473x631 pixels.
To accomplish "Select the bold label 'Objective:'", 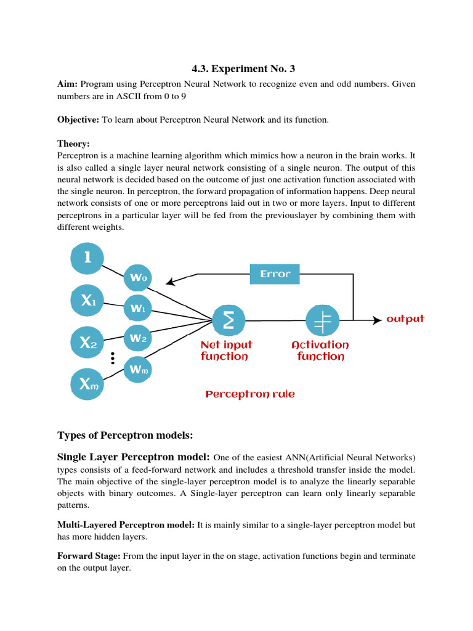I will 78,120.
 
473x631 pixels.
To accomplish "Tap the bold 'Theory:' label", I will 73,144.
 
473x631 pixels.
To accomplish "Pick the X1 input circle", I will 88,301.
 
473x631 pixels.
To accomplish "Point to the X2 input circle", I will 88,344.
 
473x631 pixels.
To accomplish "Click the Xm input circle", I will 88,386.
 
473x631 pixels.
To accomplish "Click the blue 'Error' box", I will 275,274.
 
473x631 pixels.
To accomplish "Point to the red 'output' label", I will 405,319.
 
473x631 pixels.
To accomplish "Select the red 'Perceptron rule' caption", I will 249,394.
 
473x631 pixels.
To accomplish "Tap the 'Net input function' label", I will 226,351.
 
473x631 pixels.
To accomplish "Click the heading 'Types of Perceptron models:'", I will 125,436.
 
